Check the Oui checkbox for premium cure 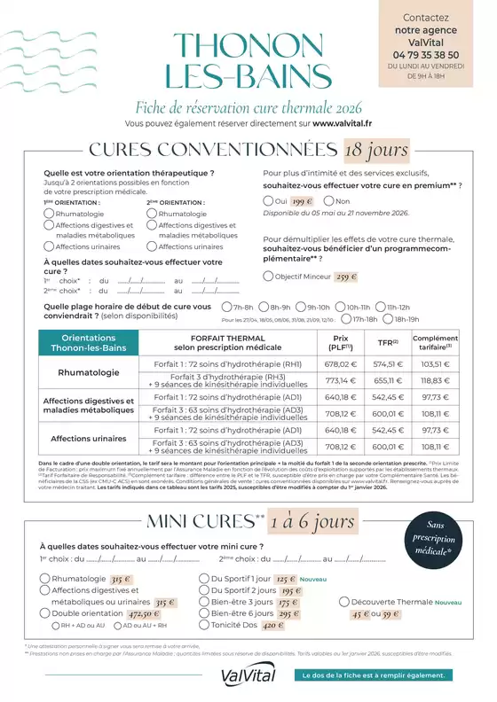[269, 202]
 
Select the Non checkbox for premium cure [318, 202]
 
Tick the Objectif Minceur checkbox [269, 277]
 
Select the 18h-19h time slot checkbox [388, 318]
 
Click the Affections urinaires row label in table [89, 438]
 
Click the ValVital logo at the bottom [248, 676]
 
